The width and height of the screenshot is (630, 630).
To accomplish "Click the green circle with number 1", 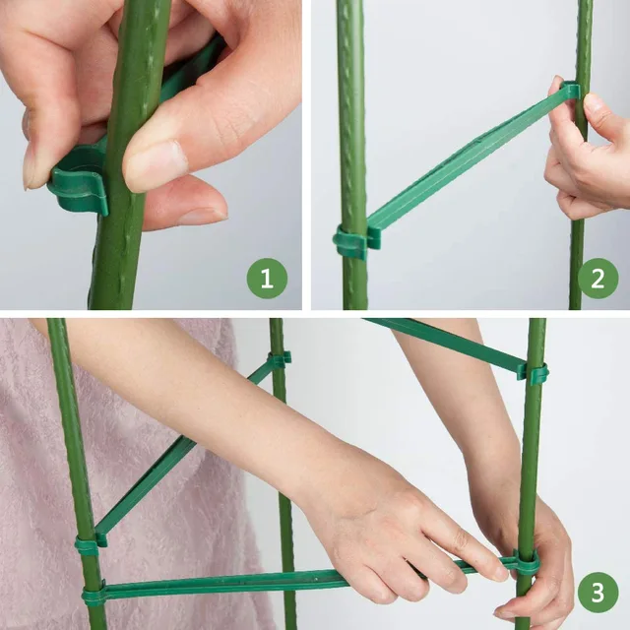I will pyautogui.click(x=267, y=278).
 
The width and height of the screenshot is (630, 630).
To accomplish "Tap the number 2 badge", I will pyautogui.click(x=598, y=278).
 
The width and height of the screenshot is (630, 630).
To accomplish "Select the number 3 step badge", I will pyautogui.click(x=598, y=594).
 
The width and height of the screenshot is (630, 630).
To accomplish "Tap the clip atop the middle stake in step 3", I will pyautogui.click(x=279, y=359).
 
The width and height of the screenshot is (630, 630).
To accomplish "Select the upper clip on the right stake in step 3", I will pyautogui.click(x=535, y=373).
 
